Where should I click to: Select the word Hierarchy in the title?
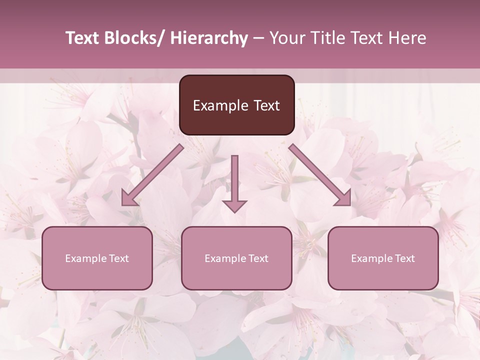coord(209,38)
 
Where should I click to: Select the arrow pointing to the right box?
coord(320,175)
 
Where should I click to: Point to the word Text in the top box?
coord(266,105)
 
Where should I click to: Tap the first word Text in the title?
coord(82,38)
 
